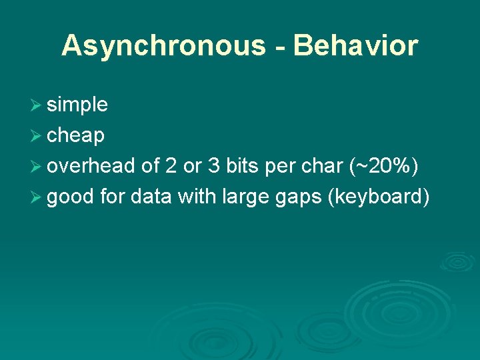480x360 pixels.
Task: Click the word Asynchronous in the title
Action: (x=163, y=46)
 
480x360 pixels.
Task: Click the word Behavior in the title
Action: (x=355, y=46)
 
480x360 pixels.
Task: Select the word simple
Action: (x=77, y=105)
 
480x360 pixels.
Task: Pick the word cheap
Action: (x=75, y=136)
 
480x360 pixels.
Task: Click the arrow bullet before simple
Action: (x=37, y=105)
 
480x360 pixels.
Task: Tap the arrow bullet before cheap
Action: (x=37, y=135)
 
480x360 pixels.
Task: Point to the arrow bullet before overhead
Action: (x=37, y=166)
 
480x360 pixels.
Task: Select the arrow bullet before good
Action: (x=37, y=197)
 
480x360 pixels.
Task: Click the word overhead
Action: (x=92, y=166)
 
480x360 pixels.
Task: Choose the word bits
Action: (x=243, y=166)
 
